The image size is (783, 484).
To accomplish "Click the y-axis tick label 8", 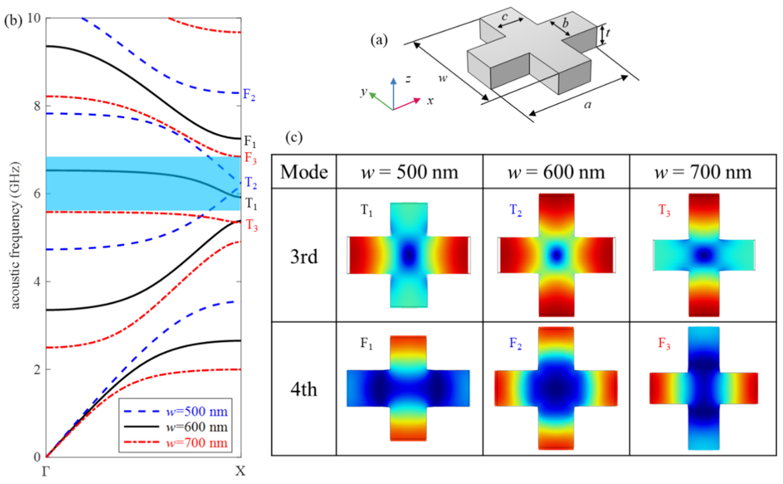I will coord(37,106).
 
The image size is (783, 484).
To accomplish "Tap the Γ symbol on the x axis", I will coord(46,471).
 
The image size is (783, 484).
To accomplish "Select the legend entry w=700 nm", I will coord(196,443).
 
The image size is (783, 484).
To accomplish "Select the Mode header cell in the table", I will coord(304,172).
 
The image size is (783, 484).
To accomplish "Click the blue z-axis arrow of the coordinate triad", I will coord(394,93).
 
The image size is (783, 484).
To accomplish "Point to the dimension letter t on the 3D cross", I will coord(607,33).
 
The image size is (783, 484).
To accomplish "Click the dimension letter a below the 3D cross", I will coord(587,104).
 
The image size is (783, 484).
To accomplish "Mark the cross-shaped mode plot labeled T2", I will coord(556,255).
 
